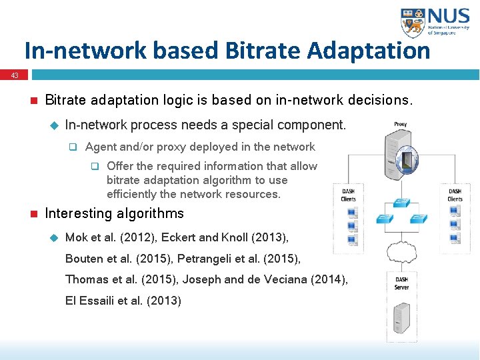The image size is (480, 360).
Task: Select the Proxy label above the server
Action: (400, 124)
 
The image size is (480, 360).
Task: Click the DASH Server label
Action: (402, 283)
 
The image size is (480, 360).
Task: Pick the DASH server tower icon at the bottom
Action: (401, 319)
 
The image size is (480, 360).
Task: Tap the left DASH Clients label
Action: (348, 195)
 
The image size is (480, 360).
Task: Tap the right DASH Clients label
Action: (455, 195)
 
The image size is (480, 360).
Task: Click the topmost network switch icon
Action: (401, 202)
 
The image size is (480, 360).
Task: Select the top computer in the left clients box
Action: (352, 213)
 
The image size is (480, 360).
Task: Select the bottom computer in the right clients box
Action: (455, 238)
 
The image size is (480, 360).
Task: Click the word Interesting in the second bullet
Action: (79, 214)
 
